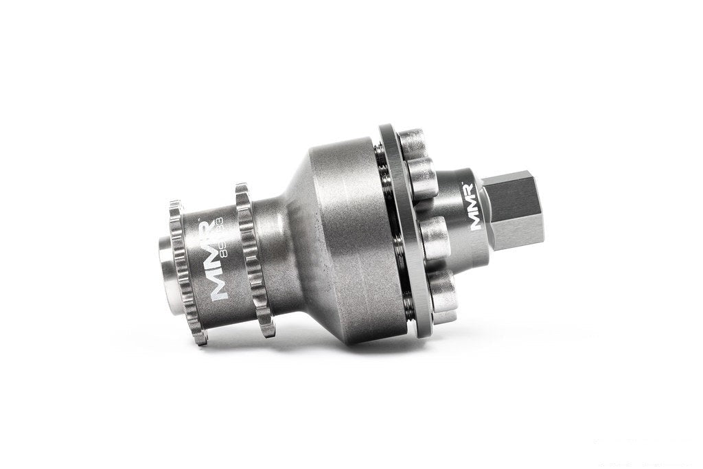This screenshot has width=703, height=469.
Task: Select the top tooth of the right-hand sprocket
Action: click(x=242, y=187)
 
